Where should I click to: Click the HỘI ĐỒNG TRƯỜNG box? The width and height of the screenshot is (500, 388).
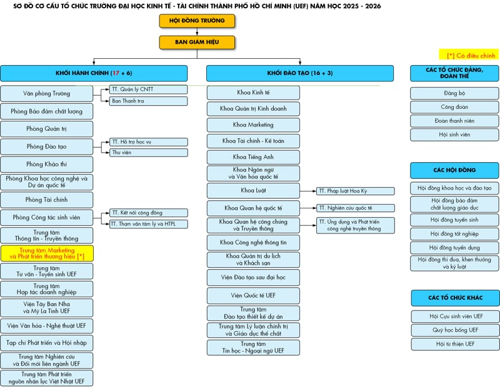coord(197,21)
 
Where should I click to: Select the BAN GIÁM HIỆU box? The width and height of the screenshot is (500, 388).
coord(197,42)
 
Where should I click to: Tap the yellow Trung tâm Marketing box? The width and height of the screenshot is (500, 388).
coord(47,253)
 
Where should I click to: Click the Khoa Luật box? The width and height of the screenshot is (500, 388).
coord(253,191)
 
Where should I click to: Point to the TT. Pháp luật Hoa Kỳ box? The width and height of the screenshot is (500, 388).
coord(355,191)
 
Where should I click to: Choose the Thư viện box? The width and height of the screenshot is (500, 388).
coord(149,153)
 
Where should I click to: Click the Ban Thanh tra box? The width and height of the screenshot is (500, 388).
coord(149,101)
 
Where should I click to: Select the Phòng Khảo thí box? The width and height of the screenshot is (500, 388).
coord(46,164)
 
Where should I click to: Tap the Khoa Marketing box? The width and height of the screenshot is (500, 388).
coord(253,125)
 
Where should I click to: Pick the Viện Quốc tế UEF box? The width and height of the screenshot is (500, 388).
coord(253,296)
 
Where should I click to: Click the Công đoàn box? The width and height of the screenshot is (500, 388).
coord(454,107)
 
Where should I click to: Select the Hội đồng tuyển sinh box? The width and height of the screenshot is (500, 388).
coord(454,220)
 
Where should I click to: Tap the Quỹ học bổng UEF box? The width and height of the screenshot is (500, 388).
coord(455,330)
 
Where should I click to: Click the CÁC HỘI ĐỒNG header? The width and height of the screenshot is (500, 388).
coord(454,170)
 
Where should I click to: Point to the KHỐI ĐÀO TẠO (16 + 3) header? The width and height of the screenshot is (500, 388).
coord(300,73)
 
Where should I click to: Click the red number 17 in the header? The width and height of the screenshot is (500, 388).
coord(116,73)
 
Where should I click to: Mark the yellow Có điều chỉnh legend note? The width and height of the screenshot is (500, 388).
coord(469,54)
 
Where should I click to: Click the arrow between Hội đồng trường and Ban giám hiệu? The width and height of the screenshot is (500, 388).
coord(197,32)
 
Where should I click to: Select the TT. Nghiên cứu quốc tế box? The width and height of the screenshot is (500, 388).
coord(355,208)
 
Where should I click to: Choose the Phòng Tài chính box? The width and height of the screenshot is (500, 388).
coord(46,200)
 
